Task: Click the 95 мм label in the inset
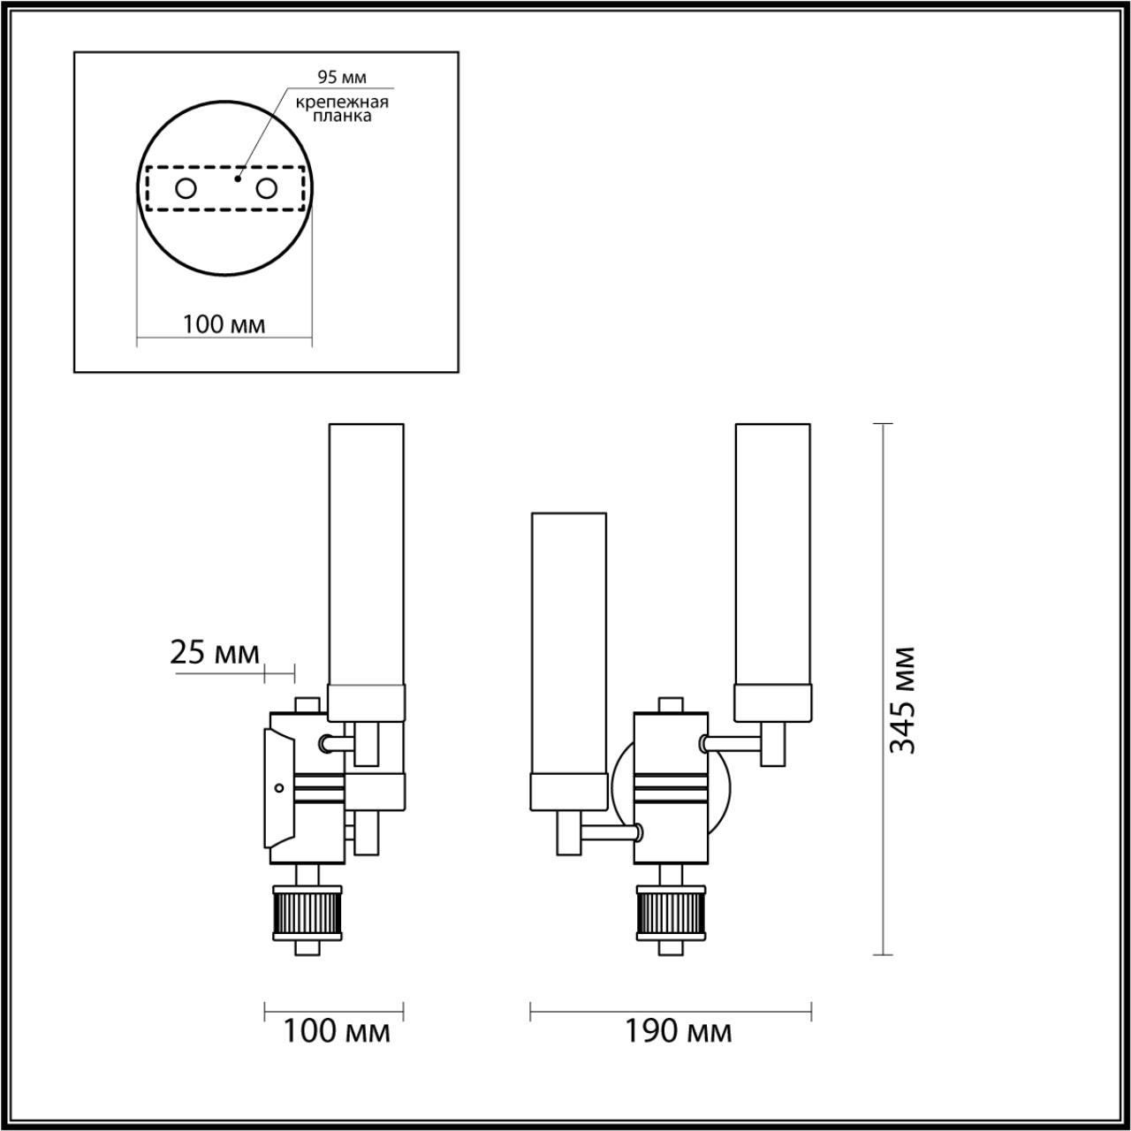[341, 78]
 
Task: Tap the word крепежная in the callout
[342, 102]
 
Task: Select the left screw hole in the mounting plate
[186, 188]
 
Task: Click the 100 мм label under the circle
[224, 324]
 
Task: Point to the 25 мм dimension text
[214, 653]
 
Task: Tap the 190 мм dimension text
[679, 1030]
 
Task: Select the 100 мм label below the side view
[336, 1030]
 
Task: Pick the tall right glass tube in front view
[772, 557]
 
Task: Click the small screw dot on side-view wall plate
[278, 787]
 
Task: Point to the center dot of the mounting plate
[237, 177]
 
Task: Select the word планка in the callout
[342, 116]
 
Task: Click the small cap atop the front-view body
[671, 704]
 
